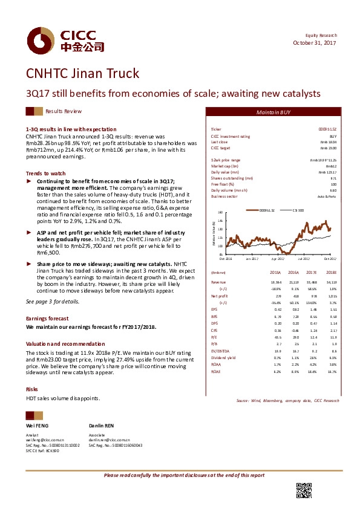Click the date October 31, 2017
[x=315, y=43]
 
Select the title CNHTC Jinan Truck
[x=82, y=74]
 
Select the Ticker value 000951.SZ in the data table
[x=327, y=130]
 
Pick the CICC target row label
[x=221, y=148]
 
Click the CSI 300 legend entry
[x=298, y=210]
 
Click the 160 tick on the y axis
[x=220, y=213]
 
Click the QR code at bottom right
[x=304, y=491]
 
